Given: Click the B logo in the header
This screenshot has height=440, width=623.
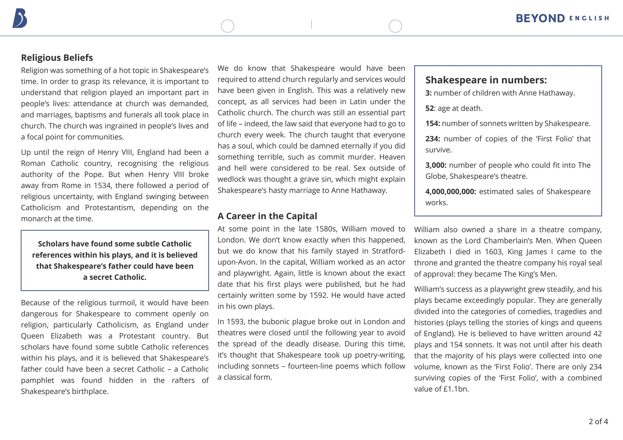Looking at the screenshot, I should (20, 19).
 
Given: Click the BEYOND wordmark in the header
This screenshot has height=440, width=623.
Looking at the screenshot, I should (540, 19).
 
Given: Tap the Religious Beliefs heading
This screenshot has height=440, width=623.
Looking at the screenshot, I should (57, 58).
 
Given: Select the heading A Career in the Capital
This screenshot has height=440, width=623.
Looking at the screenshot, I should (267, 216).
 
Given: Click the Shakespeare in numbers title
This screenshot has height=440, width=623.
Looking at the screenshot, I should (486, 80).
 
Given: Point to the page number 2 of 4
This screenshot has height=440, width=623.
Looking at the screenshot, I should (598, 421).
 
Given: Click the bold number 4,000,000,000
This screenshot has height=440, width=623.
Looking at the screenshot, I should (451, 192).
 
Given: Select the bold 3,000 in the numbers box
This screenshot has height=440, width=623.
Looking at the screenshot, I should (436, 165).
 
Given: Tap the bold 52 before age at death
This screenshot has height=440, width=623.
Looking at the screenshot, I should (430, 108).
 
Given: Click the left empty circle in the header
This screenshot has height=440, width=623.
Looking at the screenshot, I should (228, 26).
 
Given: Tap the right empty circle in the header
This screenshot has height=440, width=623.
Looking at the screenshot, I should (395, 26).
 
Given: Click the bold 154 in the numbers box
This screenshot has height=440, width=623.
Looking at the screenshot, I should (432, 124).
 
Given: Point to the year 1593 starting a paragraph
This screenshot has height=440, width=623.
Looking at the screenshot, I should (235, 322).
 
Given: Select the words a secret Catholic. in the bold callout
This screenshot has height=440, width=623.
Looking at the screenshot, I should (115, 277).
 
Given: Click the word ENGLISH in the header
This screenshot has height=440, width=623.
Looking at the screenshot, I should (589, 19).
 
